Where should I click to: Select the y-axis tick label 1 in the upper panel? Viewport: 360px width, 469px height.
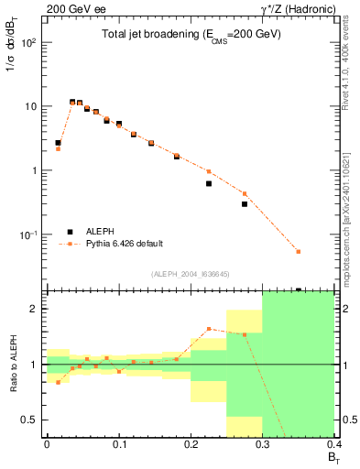(x=34, y=171)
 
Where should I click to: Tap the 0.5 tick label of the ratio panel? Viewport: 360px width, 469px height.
(x=29, y=420)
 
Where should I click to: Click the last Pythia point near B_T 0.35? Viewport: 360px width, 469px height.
(x=299, y=251)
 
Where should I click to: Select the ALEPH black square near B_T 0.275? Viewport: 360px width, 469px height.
(x=245, y=203)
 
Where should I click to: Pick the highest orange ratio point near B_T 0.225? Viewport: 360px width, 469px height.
(x=209, y=329)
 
